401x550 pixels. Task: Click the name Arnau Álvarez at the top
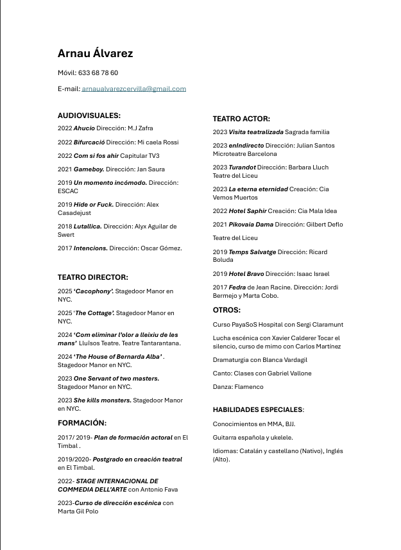click(x=95, y=53)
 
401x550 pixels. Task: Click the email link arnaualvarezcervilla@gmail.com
click(x=133, y=89)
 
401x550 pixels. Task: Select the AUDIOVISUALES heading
click(x=89, y=116)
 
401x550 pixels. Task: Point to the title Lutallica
click(x=88, y=227)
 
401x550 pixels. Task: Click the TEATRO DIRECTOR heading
click(x=93, y=277)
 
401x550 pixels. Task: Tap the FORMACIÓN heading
click(x=82, y=423)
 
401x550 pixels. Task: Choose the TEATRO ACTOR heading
click(x=241, y=119)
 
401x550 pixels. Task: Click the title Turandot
click(x=243, y=168)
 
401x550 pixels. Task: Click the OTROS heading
click(x=227, y=311)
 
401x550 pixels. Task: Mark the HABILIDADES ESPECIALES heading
click(x=257, y=409)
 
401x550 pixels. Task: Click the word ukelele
click(x=279, y=438)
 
